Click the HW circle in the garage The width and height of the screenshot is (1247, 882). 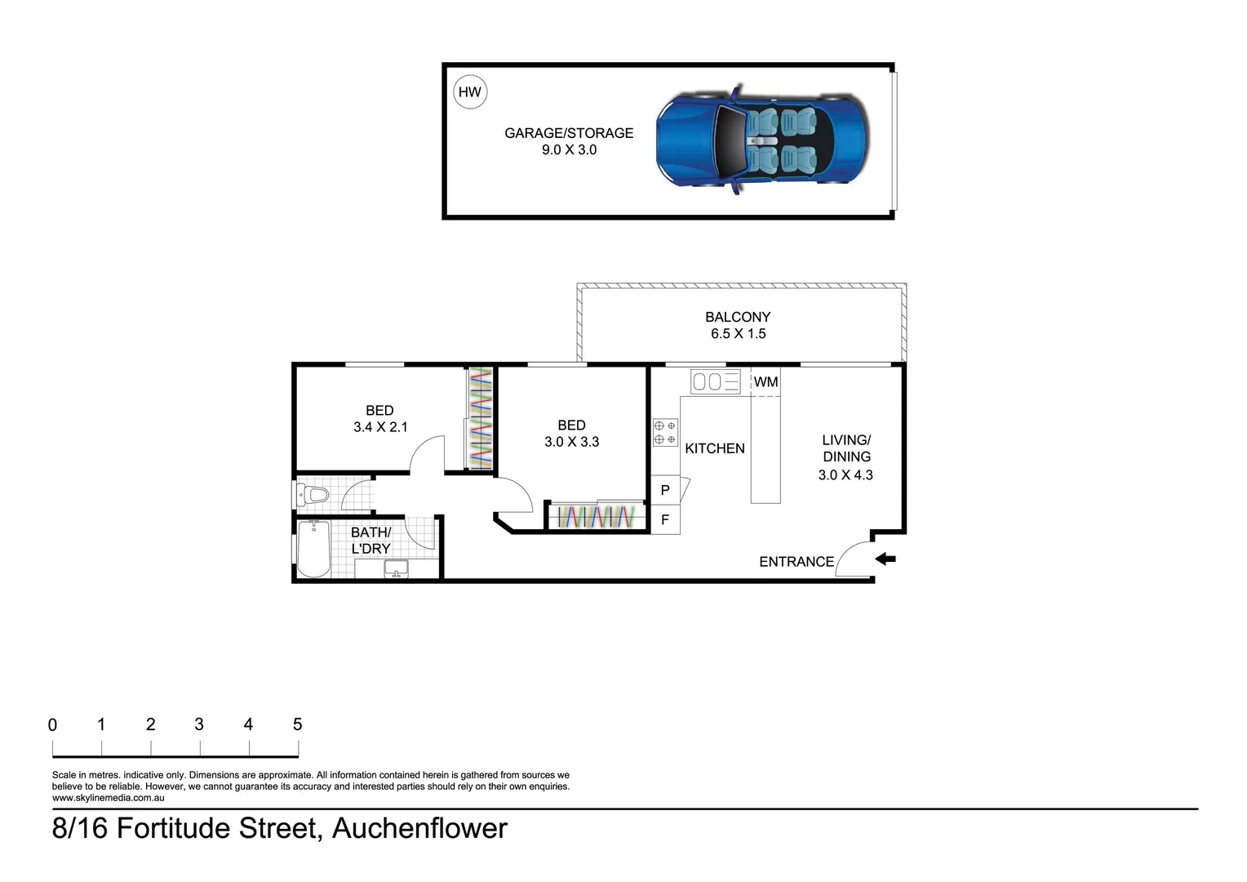tap(469, 92)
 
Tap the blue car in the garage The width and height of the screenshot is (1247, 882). tap(761, 139)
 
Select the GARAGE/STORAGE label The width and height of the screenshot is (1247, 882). tap(569, 132)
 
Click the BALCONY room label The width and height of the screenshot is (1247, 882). tap(738, 317)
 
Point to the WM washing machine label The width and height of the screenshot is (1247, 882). tap(766, 382)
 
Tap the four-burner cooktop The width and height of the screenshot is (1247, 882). tap(665, 432)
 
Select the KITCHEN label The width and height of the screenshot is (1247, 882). tap(714, 448)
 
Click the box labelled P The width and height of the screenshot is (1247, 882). tap(665, 490)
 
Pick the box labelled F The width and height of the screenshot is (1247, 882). tap(665, 519)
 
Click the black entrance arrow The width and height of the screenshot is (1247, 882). tap(885, 559)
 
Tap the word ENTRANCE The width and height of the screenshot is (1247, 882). tap(797, 562)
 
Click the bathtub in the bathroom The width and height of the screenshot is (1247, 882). tap(313, 549)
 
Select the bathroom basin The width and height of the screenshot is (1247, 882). tap(397, 568)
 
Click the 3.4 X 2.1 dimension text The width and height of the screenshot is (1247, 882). tap(380, 427)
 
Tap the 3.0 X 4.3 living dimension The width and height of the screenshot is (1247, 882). tap(845, 475)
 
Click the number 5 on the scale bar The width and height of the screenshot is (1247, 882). tap(297, 724)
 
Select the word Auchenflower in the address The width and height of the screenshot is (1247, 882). tap(419, 828)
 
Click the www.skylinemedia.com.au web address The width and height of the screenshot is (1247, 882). tap(109, 798)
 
